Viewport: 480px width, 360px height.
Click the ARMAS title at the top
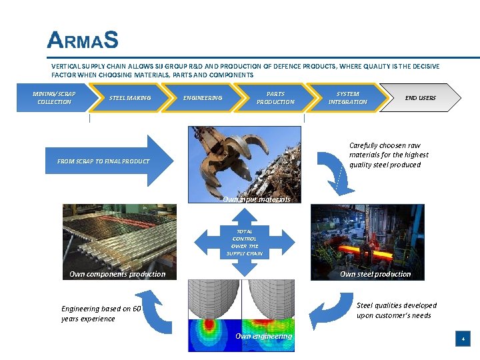click(83, 41)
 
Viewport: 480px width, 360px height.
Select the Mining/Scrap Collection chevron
click(53, 98)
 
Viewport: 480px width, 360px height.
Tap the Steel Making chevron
click(130, 98)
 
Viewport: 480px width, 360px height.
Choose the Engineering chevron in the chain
click(203, 98)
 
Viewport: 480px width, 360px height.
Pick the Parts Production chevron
click(275, 98)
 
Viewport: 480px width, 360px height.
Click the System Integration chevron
click(347, 98)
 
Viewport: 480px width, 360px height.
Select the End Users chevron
click(421, 98)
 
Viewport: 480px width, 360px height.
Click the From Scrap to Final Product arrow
click(107, 161)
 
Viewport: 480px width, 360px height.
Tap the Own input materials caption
click(257, 199)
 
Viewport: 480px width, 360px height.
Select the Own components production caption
click(117, 274)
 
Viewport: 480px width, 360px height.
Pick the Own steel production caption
click(375, 274)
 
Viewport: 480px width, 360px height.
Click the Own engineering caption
click(263, 336)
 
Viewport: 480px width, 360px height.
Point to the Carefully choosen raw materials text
click(389, 155)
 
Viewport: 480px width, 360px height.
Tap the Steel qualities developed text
click(396, 310)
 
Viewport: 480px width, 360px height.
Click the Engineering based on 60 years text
click(101, 313)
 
